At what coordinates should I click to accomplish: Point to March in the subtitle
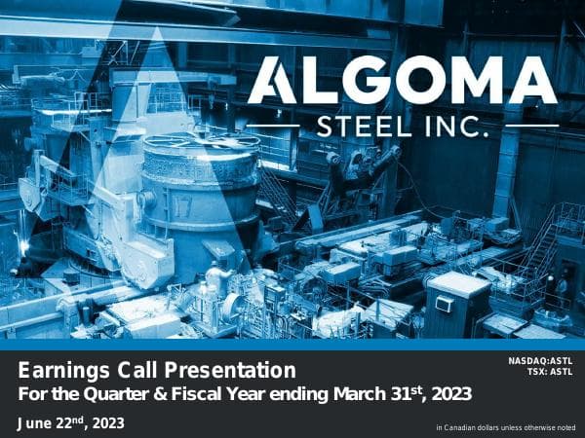coord(361,394)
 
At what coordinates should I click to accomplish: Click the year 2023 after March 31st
coord(450,394)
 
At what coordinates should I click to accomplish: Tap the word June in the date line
coord(39,421)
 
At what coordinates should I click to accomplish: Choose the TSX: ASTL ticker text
coord(550,372)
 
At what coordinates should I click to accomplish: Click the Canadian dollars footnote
coord(506,427)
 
